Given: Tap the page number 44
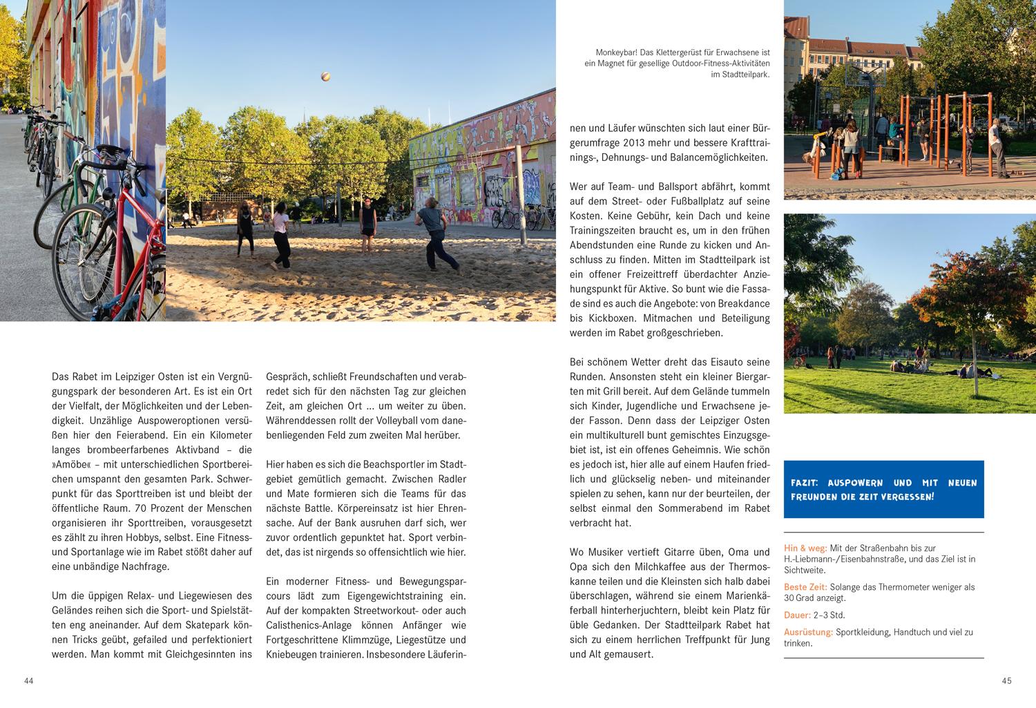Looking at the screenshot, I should [28, 681].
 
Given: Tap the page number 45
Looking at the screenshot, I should [1006, 681].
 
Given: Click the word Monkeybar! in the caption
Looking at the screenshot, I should [616, 52].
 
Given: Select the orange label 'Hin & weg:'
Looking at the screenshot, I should [805, 548].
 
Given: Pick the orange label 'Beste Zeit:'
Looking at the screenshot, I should [805, 587].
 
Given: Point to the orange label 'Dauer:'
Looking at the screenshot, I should [797, 615].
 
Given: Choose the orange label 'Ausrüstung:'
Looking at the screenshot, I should [808, 632].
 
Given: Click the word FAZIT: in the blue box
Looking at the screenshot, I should [805, 484].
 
